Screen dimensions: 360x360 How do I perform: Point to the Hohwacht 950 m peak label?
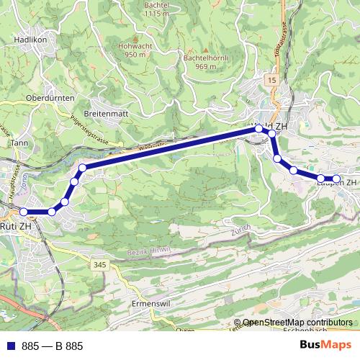point(120,50)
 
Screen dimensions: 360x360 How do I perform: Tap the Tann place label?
point(19,143)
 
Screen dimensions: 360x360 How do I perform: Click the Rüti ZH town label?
point(18,226)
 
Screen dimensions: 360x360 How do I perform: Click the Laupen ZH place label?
point(337,183)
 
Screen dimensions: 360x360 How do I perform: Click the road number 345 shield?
point(99,266)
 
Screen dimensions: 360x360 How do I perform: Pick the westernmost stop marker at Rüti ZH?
point(24,212)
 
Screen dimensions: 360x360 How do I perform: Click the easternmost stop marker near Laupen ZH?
point(336,179)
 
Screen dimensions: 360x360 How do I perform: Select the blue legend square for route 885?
point(11,346)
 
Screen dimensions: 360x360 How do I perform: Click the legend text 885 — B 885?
point(53,346)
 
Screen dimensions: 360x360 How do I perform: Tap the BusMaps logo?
point(325,346)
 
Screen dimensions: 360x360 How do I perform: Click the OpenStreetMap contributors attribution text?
point(298,323)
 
